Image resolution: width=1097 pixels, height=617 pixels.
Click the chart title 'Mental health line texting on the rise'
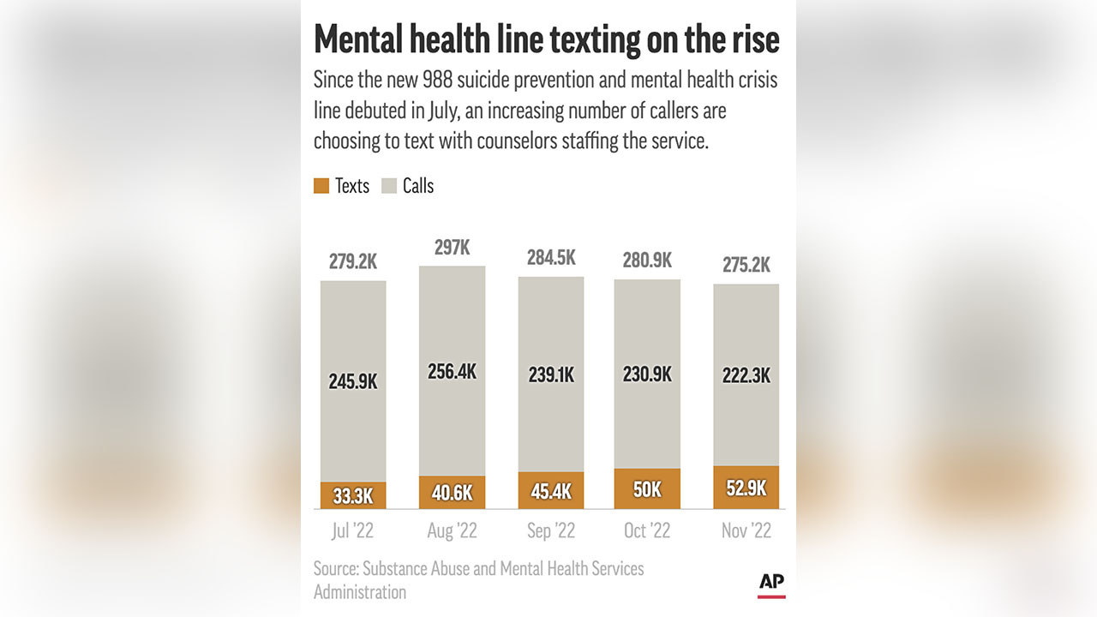[x=547, y=40]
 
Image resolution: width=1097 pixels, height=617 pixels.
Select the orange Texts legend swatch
[x=321, y=186]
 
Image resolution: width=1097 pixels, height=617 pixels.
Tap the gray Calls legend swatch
[x=389, y=186]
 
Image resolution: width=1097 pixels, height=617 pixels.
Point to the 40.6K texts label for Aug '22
[x=452, y=492]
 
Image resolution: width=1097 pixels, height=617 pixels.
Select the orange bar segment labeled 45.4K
[x=550, y=491]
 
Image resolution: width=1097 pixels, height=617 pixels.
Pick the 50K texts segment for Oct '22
[x=647, y=489]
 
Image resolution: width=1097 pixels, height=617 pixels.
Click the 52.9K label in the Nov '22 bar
[x=746, y=488]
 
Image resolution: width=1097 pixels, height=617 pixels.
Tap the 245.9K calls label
[x=353, y=381]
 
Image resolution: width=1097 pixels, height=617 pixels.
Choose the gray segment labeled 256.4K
[x=452, y=371]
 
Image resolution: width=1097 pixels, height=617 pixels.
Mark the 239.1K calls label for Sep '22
[x=550, y=375]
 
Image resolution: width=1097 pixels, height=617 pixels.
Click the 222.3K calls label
[x=746, y=375]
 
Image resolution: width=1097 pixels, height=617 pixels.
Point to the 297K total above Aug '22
[x=452, y=248]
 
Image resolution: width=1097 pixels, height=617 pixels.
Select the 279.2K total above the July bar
[x=353, y=262]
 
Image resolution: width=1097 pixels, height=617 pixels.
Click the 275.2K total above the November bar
[x=746, y=266]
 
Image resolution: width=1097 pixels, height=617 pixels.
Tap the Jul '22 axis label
[x=353, y=531]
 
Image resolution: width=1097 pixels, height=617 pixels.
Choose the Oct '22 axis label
[x=647, y=531]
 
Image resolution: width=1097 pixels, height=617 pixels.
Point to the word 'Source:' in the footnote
[x=336, y=568]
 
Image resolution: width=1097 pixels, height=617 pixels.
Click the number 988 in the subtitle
[x=439, y=81]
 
